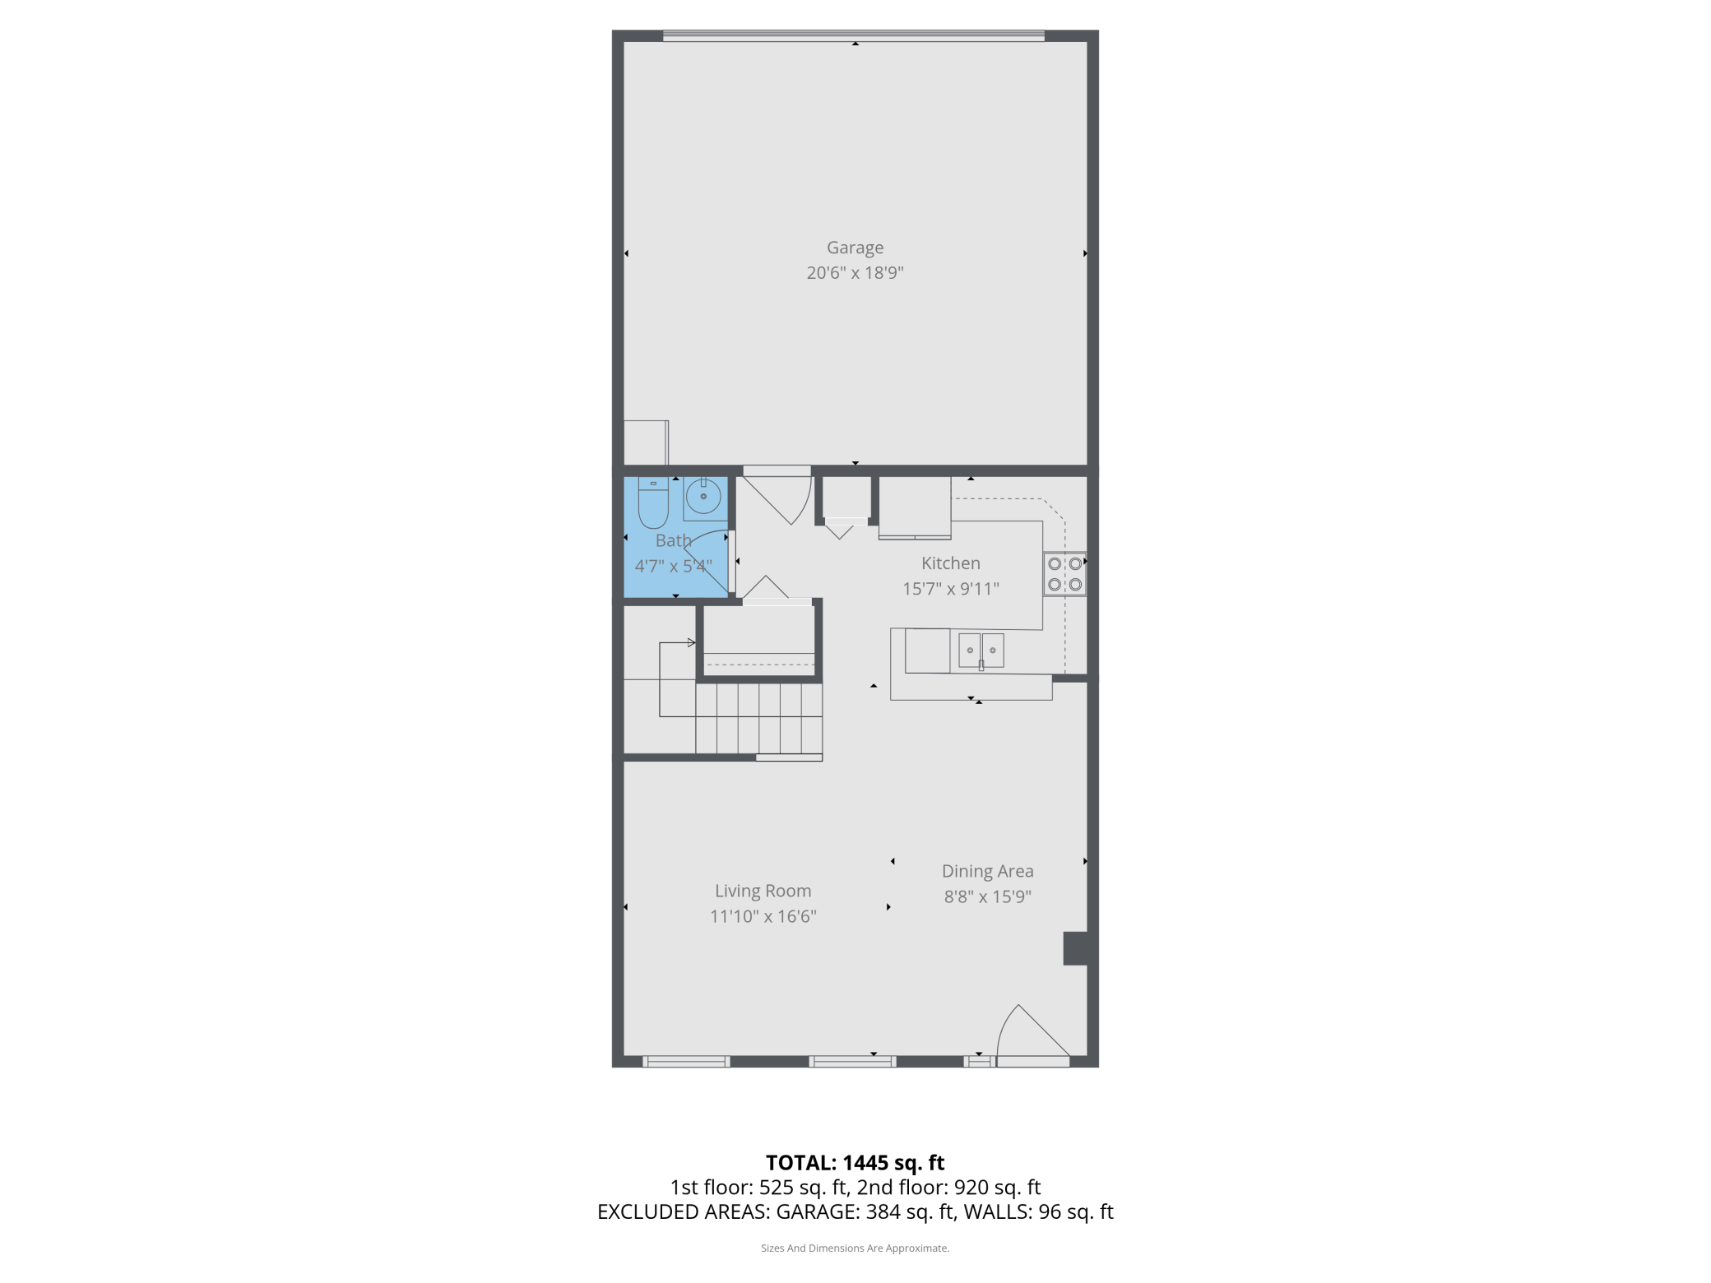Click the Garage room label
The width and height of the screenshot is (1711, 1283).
(855, 248)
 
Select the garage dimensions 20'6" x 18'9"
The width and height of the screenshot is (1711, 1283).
(855, 273)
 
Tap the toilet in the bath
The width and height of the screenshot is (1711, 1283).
(653, 503)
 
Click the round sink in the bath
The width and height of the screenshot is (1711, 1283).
(703, 497)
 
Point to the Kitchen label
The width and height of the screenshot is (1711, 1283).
(951, 563)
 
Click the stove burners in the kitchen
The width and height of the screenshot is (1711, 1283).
(1064, 574)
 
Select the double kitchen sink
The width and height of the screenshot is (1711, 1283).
(981, 651)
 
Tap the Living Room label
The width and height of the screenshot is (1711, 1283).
(763, 891)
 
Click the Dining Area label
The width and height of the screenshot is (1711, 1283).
(987, 871)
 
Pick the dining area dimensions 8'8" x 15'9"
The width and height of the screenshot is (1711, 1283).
(987, 896)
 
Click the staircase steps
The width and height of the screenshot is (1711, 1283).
(759, 719)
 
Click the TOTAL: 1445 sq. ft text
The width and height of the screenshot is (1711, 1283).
(855, 1162)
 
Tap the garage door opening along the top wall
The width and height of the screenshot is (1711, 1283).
(854, 35)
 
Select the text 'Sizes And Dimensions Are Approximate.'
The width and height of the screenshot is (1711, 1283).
(855, 1248)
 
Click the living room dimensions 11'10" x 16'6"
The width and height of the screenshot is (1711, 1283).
(763, 916)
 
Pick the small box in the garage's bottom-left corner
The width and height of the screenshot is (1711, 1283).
(646, 442)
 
